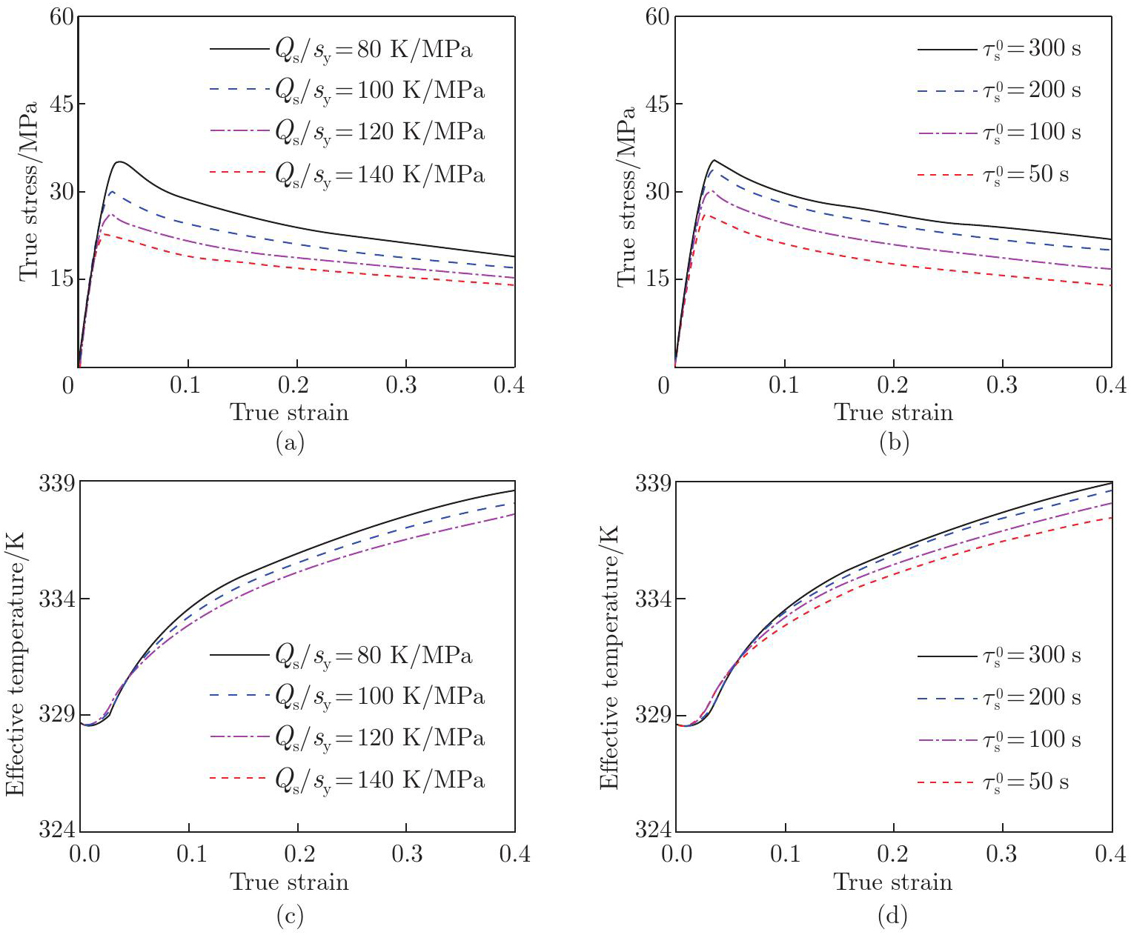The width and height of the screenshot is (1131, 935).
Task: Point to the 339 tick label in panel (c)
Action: (57, 483)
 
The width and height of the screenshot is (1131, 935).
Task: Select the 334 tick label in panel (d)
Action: (653, 599)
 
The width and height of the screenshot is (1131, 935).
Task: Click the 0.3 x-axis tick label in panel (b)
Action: (1002, 385)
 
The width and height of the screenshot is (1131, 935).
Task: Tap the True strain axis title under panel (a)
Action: (289, 412)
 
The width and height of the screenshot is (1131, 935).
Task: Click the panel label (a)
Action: (289, 443)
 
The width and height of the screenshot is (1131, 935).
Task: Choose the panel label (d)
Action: (892, 917)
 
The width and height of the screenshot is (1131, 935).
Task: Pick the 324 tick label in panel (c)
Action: (57, 830)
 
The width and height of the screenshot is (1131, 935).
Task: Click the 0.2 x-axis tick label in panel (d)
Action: (893, 854)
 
